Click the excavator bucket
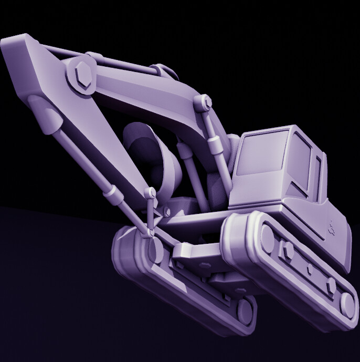point(152,158)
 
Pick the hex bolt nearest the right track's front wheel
point(331,285)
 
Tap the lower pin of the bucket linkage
point(152,231)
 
